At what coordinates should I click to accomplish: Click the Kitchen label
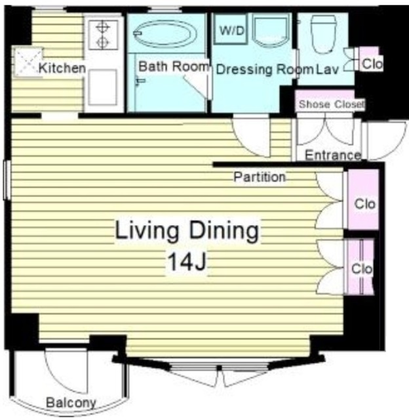tap(62, 68)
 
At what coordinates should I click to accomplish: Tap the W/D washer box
tap(231, 30)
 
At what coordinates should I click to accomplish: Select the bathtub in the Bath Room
tap(165, 33)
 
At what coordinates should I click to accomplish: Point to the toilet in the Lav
tap(323, 34)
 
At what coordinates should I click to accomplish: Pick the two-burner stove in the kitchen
tap(103, 34)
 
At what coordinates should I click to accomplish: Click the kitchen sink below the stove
tap(103, 87)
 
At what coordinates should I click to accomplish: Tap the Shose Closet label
tap(331, 104)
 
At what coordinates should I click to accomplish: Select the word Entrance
tap(333, 155)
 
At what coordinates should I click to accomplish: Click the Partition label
tap(260, 177)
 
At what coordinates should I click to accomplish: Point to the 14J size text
tap(187, 262)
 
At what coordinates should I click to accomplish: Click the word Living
tap(147, 230)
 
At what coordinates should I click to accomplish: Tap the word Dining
tap(224, 230)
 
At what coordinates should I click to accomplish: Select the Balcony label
tap(71, 402)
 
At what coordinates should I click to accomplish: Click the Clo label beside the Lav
tap(372, 64)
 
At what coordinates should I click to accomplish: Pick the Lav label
tap(328, 70)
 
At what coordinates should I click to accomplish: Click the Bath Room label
tap(173, 66)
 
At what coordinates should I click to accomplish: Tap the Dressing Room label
tap(265, 70)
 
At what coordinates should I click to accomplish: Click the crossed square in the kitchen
tap(28, 62)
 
